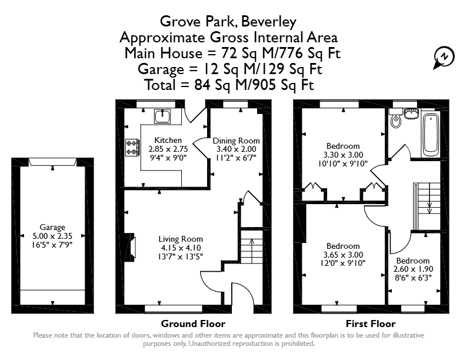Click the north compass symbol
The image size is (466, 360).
coord(444,57)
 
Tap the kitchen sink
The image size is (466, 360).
coord(162,116)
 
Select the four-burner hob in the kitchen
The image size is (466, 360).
coord(132,148)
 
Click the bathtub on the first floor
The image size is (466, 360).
coord(430,135)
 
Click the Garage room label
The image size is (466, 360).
coord(52,227)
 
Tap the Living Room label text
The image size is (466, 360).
coord(181,239)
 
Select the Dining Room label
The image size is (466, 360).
coord(237,141)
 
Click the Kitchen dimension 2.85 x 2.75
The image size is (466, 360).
coord(168,149)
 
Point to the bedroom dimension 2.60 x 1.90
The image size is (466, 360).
coord(413,269)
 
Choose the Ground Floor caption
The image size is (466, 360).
coord(193,324)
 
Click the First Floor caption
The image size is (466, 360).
coord(371,324)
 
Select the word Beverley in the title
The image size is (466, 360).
coord(269,22)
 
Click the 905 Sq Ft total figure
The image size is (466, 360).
coord(282,85)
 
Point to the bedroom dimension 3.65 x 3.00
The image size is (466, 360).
coord(343,255)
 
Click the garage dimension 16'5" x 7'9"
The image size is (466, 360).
coord(52,245)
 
